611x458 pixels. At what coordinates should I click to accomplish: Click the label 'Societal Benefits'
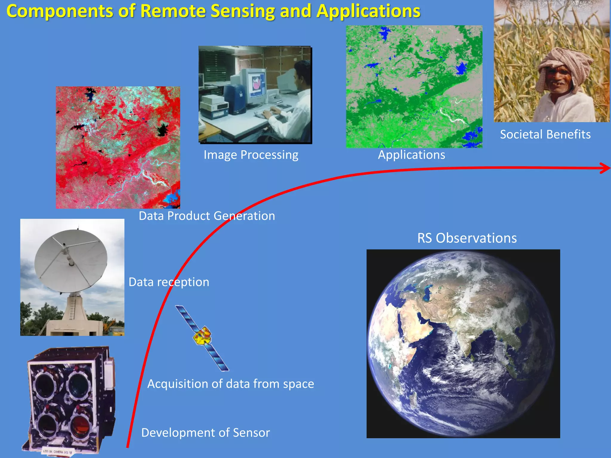pyautogui.click(x=545, y=134)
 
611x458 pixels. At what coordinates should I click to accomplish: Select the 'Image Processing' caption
pyautogui.click(x=251, y=155)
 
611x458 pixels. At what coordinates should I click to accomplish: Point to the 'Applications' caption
pyautogui.click(x=411, y=155)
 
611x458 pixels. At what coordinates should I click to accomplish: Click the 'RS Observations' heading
pyautogui.click(x=467, y=238)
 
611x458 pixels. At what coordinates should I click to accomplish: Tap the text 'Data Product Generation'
pyautogui.click(x=207, y=216)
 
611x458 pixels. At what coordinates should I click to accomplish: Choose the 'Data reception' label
pyautogui.click(x=169, y=282)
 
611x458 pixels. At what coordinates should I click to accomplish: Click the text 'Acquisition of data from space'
pyautogui.click(x=230, y=384)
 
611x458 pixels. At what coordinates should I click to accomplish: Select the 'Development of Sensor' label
pyautogui.click(x=205, y=433)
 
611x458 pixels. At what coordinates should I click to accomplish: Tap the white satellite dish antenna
pyautogui.click(x=71, y=261)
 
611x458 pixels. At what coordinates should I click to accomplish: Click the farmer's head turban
pyautogui.click(x=564, y=60)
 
